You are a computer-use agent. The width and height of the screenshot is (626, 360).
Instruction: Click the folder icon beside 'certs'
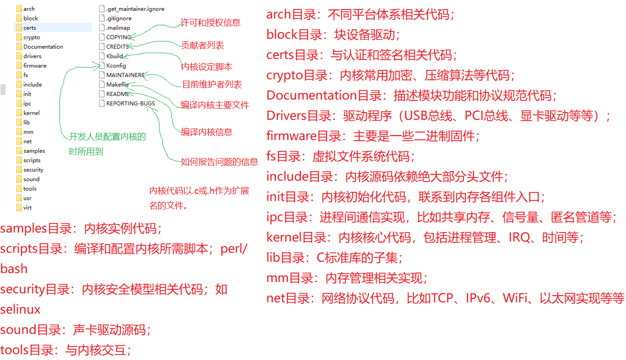19,28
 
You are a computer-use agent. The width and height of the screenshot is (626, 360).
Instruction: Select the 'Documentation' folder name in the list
43,47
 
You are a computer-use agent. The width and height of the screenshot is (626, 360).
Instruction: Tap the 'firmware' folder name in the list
35,66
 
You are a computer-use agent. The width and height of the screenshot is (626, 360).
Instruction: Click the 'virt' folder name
27,208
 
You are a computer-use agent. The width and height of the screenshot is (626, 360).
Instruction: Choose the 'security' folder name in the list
33,170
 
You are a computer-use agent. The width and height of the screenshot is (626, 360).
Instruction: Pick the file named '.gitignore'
119,18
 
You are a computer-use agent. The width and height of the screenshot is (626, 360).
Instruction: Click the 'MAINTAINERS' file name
125,75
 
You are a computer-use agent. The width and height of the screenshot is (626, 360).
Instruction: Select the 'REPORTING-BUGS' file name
130,103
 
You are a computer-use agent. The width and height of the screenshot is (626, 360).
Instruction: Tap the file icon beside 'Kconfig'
102,66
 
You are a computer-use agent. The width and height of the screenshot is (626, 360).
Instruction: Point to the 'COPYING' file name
118,37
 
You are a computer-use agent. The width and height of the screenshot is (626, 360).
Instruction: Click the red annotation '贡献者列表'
203,45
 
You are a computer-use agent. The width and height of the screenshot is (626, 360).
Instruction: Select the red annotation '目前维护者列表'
212,84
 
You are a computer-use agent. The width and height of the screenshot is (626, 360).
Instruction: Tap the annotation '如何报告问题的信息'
219,162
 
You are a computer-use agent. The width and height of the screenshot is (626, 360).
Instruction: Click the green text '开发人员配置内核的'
107,137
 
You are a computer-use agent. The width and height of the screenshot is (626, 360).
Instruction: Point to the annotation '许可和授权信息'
210,23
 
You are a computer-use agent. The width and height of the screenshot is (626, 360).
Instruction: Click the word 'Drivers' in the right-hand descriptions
286,116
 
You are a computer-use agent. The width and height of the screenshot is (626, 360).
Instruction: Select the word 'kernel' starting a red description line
283,237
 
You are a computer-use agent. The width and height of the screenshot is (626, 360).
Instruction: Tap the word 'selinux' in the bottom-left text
20,309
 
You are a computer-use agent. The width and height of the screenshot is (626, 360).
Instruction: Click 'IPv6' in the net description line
478,298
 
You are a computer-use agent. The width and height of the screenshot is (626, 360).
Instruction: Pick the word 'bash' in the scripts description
14,269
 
